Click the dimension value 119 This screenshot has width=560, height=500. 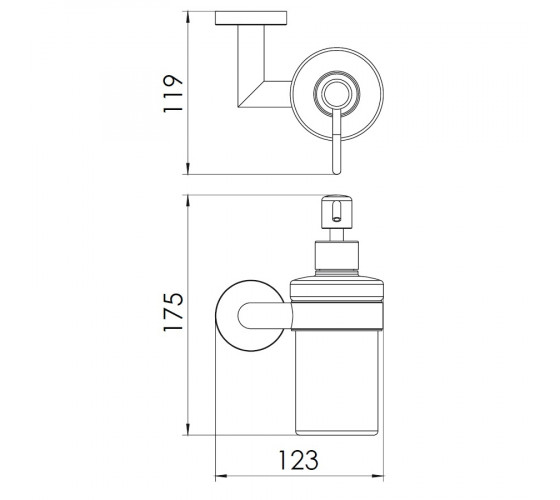(x=173, y=93)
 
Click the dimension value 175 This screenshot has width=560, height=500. (x=173, y=312)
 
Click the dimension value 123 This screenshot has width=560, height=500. (x=298, y=460)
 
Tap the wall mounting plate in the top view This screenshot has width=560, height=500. (x=251, y=18)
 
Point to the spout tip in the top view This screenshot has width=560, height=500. (x=336, y=171)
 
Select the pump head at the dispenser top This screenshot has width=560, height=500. (x=337, y=211)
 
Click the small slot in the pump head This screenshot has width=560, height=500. (x=336, y=211)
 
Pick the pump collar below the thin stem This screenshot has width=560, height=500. (x=336, y=255)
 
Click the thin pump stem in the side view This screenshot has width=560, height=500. (x=336, y=235)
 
